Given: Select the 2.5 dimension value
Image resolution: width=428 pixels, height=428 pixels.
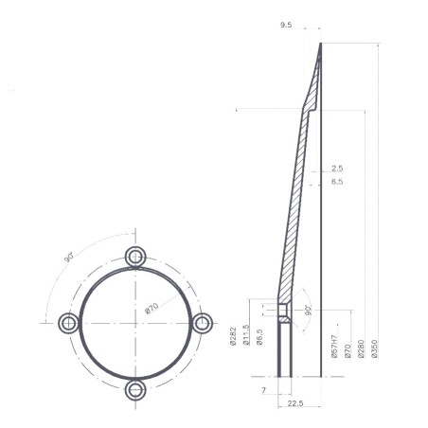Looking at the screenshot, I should [337, 168].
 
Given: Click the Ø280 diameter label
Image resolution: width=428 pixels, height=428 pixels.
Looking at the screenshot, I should [361, 348].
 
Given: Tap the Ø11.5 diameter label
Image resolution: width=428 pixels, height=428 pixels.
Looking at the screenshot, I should [245, 340].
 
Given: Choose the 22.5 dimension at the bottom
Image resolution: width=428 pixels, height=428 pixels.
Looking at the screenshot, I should [294, 405].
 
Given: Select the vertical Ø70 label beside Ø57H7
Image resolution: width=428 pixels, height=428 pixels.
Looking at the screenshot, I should [348, 348].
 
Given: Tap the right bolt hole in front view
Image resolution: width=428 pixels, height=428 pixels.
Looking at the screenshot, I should [202, 322].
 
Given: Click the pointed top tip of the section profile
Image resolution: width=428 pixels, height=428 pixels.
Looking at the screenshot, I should [320, 44].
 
